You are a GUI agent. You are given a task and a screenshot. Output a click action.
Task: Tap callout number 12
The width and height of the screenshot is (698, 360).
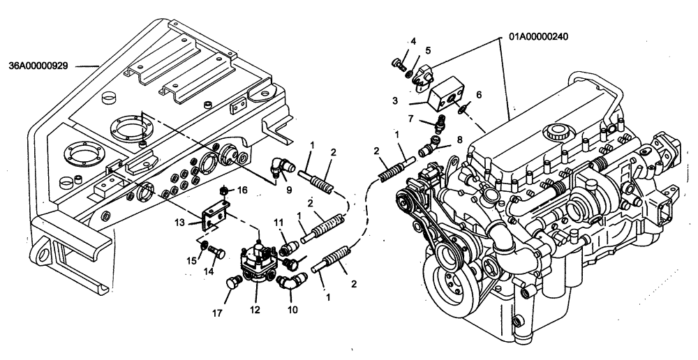(x=255, y=308)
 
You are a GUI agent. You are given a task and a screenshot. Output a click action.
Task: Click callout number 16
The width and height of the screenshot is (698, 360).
(x=242, y=189)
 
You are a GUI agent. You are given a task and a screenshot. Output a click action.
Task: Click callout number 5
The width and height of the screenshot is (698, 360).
(x=429, y=50)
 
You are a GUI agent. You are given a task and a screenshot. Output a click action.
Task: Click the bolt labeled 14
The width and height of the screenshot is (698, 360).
(x=215, y=254)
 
